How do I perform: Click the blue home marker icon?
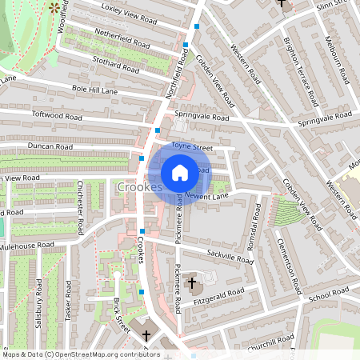coord(180,172)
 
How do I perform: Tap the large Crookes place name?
coord(140,187)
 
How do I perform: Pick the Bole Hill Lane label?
coord(94,90)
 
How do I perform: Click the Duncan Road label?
coord(50,147)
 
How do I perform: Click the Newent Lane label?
coord(206,195)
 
